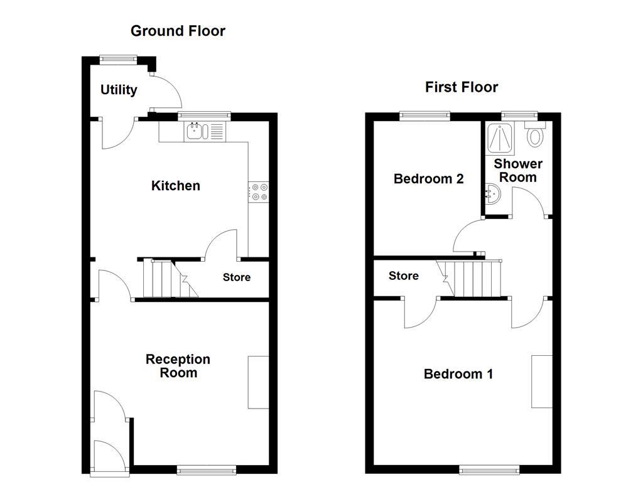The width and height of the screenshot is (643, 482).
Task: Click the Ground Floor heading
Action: coord(178,31)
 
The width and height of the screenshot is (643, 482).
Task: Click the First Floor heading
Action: coord(462,87)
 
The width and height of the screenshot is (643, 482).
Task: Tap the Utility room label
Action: coord(119,90)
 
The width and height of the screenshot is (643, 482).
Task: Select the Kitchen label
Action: coord(176,186)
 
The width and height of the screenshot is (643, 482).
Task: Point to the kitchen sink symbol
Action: coord(197,131)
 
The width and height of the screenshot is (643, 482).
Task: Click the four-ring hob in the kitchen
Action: coord(259,191)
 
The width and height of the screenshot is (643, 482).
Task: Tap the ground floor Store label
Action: coord(237,277)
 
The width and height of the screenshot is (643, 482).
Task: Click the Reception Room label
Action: coord(178,366)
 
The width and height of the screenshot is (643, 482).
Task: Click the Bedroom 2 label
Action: coord(428,179)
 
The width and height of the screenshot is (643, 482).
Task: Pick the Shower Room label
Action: coord(518,170)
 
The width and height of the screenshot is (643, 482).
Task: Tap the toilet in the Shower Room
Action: coord(535,135)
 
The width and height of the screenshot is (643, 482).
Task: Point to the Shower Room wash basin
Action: coord(492,196)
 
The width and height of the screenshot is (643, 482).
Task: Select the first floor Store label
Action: coord(403,276)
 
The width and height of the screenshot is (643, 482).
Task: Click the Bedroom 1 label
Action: coord(458,374)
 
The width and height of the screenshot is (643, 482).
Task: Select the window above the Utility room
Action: coord(119,59)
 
